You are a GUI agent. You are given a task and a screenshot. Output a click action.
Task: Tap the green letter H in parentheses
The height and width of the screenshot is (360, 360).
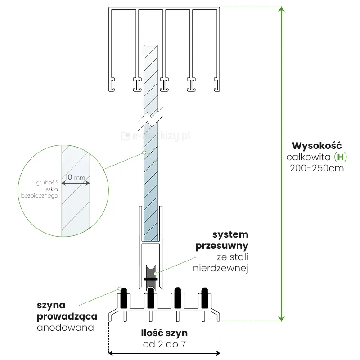pos(342,157)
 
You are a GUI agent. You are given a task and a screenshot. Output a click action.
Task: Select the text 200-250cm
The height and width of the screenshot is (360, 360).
pos(317,169)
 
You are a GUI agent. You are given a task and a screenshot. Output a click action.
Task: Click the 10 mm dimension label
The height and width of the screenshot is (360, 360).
pos(75,177)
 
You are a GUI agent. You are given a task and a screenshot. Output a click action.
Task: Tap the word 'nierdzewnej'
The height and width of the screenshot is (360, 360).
pos(227,268)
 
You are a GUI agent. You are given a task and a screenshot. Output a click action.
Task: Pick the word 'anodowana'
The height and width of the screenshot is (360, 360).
pos(66,327)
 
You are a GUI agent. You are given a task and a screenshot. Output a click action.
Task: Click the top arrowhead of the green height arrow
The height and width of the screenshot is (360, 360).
pos(282,10)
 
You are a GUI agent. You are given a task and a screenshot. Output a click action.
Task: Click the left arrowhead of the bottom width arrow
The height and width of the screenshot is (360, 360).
pos(111,354)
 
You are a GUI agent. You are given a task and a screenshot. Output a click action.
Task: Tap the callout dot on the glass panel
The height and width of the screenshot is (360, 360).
pos(144,153)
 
